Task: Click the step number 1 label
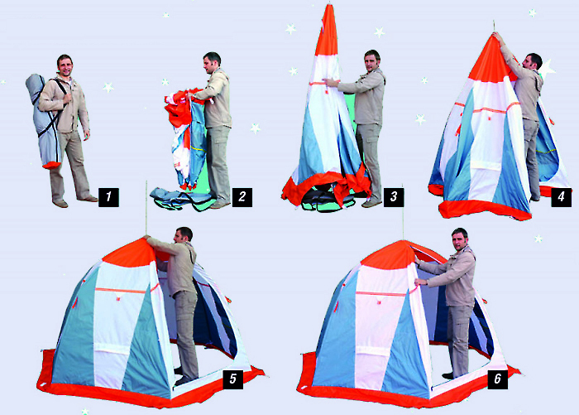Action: [108, 197]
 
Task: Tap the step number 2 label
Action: [242, 197]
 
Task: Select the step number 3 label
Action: [394, 197]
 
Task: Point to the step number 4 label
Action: [561, 197]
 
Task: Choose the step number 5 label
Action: [233, 379]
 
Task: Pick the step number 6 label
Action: [497, 379]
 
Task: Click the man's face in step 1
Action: [65, 67]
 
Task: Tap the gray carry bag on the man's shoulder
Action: [42, 118]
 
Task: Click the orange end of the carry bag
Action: [51, 166]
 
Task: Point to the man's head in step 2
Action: [213, 63]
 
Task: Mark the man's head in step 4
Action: [533, 62]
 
